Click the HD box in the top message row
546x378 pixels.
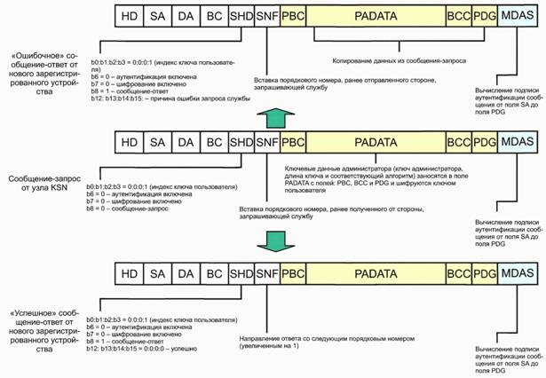[x=129, y=15]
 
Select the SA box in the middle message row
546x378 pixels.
[x=157, y=141]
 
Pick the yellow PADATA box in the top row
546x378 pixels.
[x=376, y=15]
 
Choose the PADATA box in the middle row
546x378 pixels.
[x=376, y=141]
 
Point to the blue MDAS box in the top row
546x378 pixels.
[x=516, y=15]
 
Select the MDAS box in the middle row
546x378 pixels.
[x=516, y=141]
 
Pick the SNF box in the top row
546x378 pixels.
[x=266, y=15]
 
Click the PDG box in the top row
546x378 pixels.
[x=485, y=15]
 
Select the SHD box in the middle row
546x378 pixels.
[x=241, y=141]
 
